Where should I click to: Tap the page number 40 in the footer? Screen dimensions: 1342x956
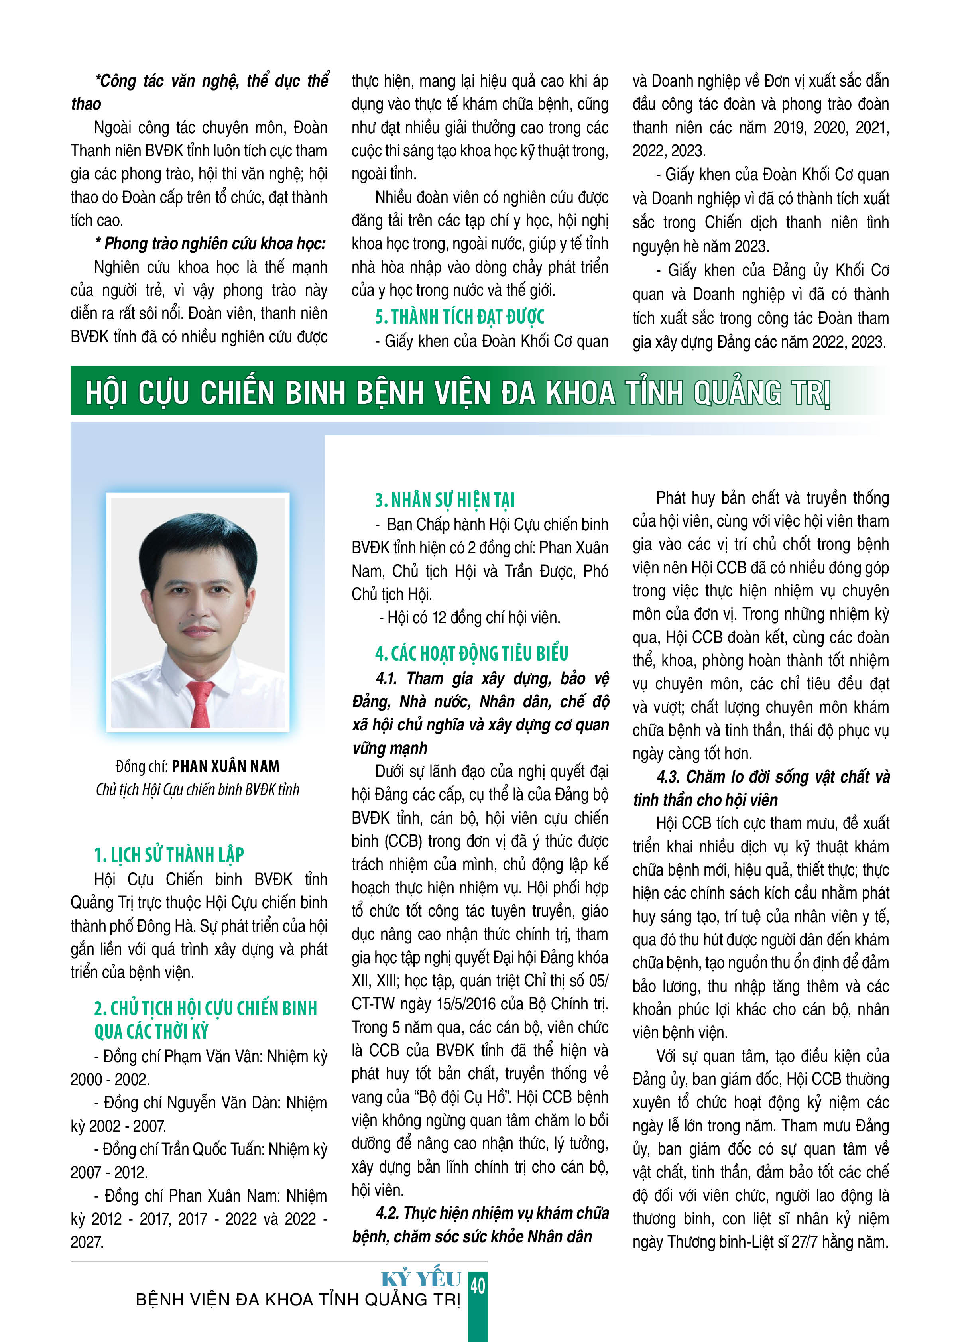478,1285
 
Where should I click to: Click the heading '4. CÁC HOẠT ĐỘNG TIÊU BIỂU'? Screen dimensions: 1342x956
472,653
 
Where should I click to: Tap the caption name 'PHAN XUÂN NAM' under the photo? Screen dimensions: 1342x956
226,766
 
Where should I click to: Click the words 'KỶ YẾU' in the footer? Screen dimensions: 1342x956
421,1279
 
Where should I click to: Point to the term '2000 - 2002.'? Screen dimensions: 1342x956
110,1080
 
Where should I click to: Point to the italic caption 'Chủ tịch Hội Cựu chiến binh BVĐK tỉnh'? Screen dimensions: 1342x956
198,789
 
